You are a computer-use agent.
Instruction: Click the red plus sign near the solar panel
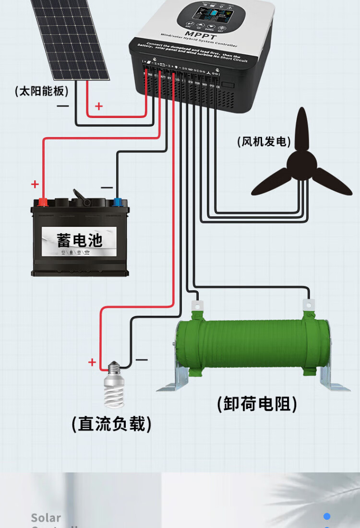click(99, 106)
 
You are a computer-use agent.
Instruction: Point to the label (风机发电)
click(264, 142)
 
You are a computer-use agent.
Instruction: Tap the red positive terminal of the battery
click(43, 202)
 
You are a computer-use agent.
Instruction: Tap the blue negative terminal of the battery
click(117, 202)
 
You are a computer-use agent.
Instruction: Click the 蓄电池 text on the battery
click(80, 240)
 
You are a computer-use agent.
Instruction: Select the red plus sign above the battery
click(35, 184)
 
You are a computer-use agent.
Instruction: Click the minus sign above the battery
click(107, 188)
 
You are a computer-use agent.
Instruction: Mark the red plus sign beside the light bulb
click(92, 363)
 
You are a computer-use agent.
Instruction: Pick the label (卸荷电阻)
click(257, 404)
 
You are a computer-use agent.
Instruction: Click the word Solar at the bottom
click(46, 518)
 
